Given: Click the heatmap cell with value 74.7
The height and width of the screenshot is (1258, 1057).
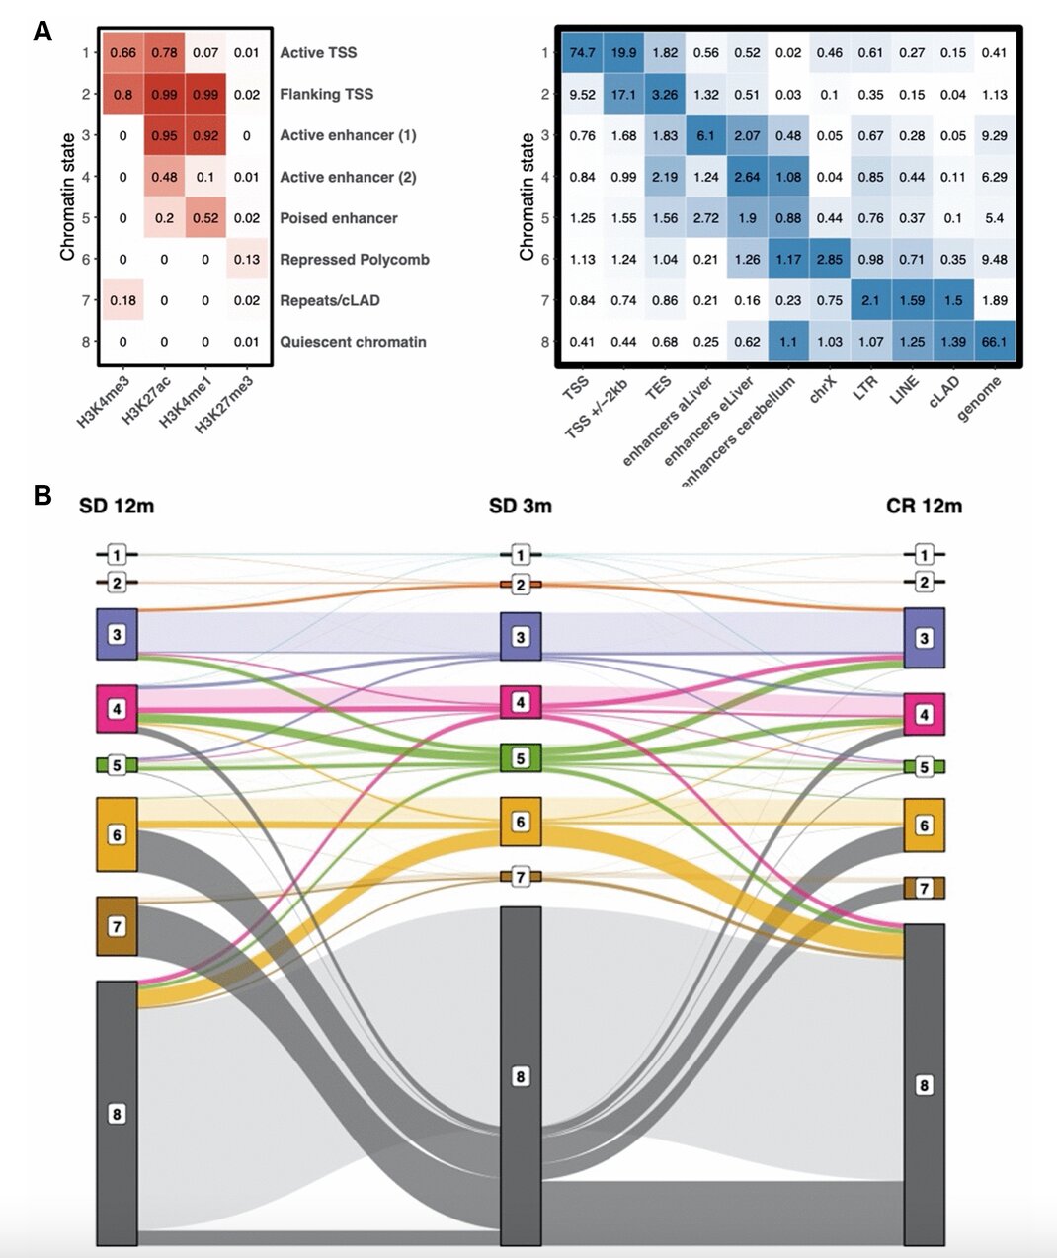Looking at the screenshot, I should coord(582,53).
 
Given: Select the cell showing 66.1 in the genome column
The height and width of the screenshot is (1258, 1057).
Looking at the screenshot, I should coord(994,342).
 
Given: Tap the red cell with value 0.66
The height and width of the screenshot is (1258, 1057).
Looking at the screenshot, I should coord(122,53).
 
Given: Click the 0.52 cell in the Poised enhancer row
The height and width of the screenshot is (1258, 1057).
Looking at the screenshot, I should coord(205,218).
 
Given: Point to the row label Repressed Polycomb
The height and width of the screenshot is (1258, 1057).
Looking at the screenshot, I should coord(354,260).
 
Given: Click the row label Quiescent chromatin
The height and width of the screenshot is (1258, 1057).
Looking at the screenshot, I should coord(353,342).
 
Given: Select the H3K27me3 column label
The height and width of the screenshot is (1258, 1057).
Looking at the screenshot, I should coord(224,405).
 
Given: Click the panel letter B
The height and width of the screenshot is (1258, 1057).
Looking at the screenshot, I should coord(42,495).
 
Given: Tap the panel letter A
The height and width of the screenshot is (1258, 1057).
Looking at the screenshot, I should coord(42,32).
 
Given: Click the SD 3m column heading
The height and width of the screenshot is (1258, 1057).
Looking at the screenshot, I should coord(520,507).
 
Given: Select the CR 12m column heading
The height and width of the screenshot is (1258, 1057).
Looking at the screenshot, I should coord(924,507).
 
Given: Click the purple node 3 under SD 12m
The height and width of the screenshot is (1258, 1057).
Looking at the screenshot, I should coord(117,634).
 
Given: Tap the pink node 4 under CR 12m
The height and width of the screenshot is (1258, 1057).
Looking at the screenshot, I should coord(924,714).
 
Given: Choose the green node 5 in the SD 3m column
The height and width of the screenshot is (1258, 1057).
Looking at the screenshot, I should coord(521,758).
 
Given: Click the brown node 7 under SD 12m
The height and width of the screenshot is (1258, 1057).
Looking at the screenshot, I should coord(117,926).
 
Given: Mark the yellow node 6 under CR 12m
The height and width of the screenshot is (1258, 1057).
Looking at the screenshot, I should coord(924,826).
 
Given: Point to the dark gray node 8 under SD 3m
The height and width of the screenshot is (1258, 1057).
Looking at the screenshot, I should coord(521,1076).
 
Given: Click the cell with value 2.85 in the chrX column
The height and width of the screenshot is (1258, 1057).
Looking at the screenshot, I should coord(830,260).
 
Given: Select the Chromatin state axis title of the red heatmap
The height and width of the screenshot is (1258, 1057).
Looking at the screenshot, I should coord(67,197).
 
